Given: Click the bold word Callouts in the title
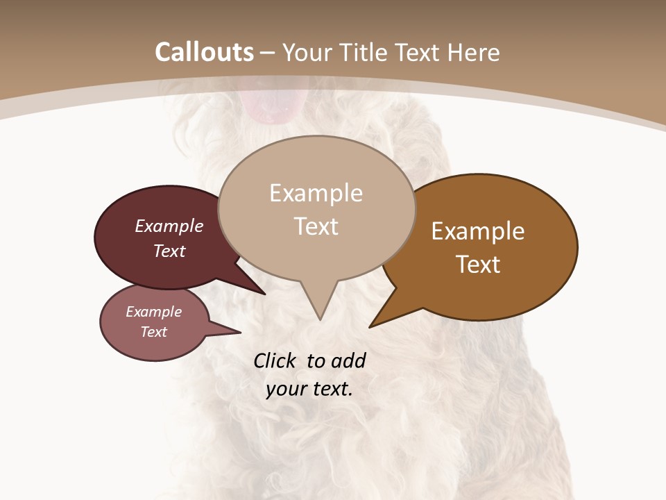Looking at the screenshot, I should click(x=204, y=52).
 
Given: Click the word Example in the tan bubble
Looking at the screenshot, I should click(x=316, y=193).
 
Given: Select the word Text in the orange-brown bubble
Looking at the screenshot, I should click(x=478, y=265).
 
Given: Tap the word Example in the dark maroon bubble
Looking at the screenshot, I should click(x=169, y=226).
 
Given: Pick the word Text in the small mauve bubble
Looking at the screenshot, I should click(x=154, y=332).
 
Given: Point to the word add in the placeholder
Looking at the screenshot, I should click(x=348, y=360).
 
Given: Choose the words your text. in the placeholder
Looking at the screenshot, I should click(x=309, y=389).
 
